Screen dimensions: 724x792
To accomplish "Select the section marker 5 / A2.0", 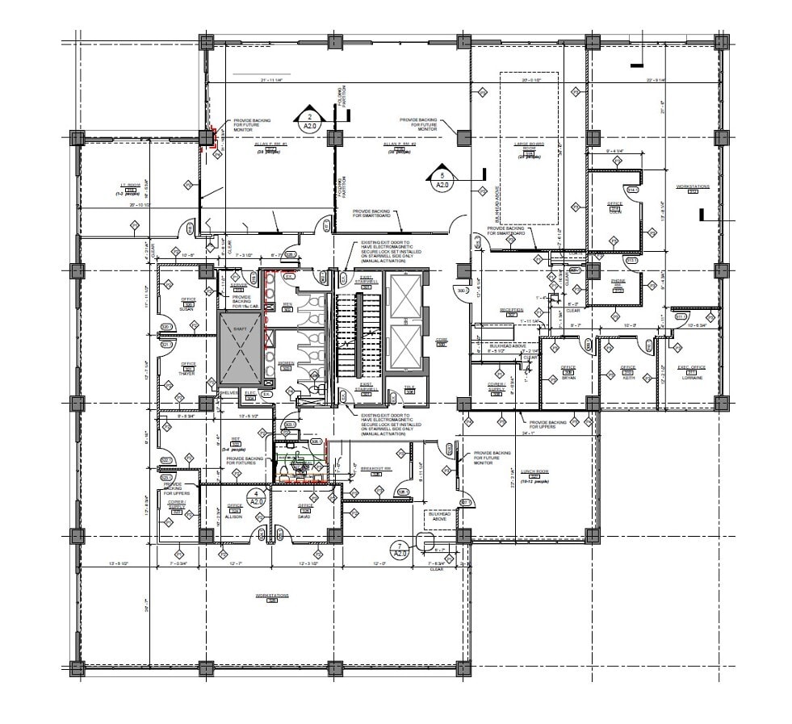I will (442, 178).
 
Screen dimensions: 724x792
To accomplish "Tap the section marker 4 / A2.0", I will (257, 496).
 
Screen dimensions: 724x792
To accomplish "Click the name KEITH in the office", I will (628, 377).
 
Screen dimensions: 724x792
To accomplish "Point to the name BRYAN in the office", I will (568, 377).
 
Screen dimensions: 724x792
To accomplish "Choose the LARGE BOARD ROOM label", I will (529, 146).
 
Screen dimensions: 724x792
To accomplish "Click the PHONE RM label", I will (618, 282).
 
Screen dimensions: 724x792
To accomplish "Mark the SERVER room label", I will (238, 285).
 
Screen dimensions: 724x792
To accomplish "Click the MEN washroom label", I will (287, 304).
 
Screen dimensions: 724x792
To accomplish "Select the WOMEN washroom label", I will (286, 363).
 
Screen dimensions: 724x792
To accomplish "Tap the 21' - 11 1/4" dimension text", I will (274, 81).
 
